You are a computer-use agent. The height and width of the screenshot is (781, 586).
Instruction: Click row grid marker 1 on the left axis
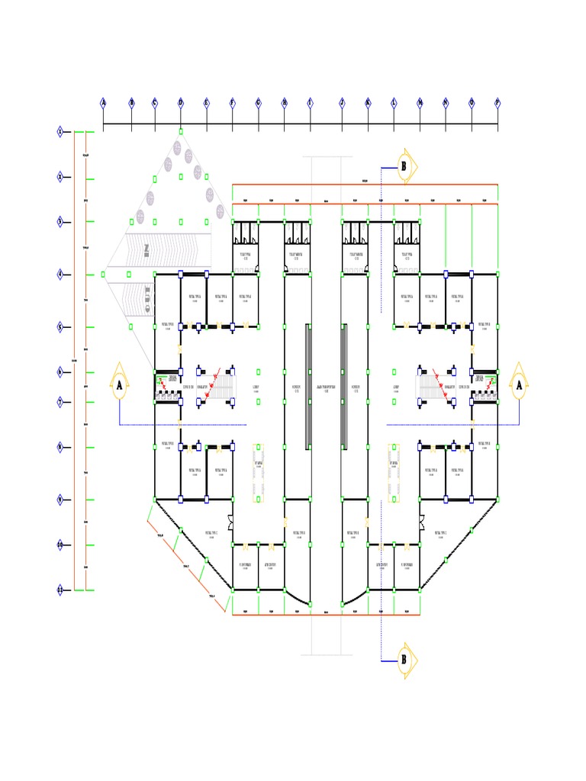[x=60, y=132]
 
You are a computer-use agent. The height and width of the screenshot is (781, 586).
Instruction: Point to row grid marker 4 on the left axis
[x=60, y=273]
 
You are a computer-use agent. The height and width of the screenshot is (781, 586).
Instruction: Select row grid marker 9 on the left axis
[x=60, y=500]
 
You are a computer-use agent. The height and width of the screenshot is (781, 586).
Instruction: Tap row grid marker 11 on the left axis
[x=60, y=590]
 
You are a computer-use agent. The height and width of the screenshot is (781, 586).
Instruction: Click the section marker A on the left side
[x=120, y=385]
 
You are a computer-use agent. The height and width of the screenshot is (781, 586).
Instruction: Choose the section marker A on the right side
[x=520, y=385]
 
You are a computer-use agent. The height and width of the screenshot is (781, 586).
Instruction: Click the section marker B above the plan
[x=404, y=166]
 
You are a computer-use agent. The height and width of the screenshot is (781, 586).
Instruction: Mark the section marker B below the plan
[x=404, y=660]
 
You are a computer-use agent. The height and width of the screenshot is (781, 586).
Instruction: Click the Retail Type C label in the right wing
[x=442, y=533]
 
